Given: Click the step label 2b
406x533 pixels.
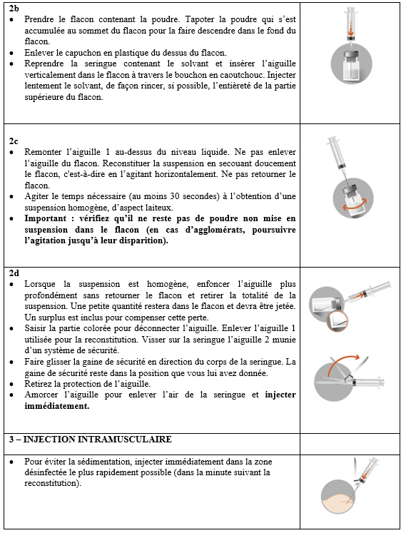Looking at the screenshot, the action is pyautogui.click(x=14, y=9).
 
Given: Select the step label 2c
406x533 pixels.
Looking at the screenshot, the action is pyautogui.click(x=14, y=141).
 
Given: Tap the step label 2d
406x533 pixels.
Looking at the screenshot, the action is pyautogui.click(x=14, y=273).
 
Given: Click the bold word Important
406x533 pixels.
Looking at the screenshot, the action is pyautogui.click(x=45, y=218).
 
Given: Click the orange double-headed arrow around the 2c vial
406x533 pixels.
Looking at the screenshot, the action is pyautogui.click(x=354, y=206).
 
